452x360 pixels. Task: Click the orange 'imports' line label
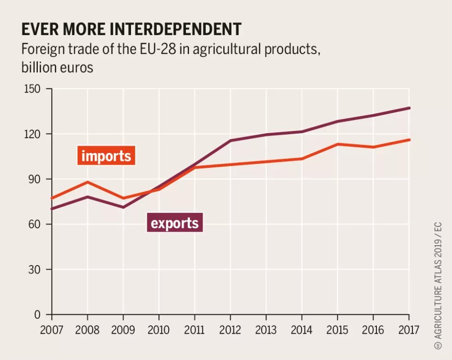click(x=106, y=156)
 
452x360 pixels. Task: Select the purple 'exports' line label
click(x=175, y=223)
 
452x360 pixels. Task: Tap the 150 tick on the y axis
click(x=33, y=89)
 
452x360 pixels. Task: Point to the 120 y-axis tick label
click(x=33, y=134)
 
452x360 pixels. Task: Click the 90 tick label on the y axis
click(x=35, y=179)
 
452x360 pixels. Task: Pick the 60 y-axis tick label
click(x=35, y=224)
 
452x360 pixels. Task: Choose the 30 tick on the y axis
click(x=35, y=270)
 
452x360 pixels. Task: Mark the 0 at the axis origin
click(x=38, y=315)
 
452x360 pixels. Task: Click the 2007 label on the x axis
click(x=52, y=330)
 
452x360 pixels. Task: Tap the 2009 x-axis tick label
click(x=123, y=330)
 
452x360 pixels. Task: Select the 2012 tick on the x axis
click(x=230, y=330)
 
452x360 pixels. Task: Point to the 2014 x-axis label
click(x=302, y=330)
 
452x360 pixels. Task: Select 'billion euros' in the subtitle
click(x=57, y=67)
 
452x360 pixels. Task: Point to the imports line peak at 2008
click(x=87, y=182)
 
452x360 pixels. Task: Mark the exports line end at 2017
click(x=409, y=108)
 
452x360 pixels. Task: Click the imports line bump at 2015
click(x=337, y=144)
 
